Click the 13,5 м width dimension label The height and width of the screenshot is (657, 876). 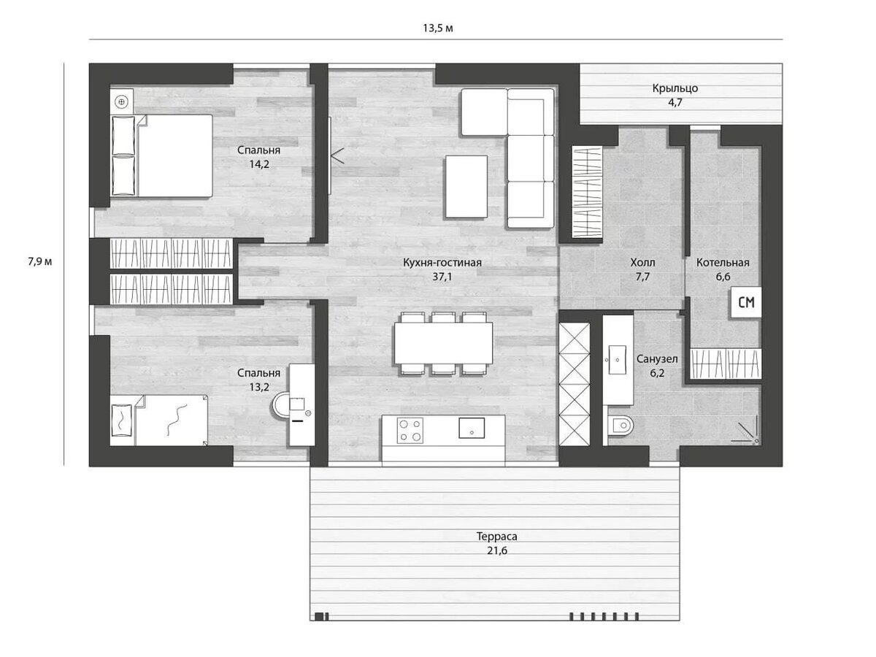(438, 28)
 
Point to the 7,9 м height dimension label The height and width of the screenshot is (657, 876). (39, 261)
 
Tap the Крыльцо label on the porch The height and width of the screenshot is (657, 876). (675, 88)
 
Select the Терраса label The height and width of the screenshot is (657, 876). (496, 537)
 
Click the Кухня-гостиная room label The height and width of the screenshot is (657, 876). (442, 263)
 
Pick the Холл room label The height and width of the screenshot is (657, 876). (642, 263)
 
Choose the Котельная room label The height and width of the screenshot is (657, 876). (723, 263)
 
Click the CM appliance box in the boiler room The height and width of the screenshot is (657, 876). (746, 302)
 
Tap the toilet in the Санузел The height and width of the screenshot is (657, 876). (621, 426)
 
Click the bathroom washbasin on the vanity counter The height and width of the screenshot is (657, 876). (618, 359)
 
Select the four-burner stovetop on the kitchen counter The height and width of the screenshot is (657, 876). (410, 430)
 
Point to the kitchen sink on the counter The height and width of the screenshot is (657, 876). (472, 428)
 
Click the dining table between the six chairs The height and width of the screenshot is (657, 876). (443, 343)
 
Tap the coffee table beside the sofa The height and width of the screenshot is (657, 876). (466, 187)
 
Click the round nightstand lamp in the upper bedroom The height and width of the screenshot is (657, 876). (122, 102)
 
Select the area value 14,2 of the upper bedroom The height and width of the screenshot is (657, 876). (259, 164)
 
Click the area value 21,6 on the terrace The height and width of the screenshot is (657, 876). (497, 551)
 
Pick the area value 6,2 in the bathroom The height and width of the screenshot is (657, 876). (657, 373)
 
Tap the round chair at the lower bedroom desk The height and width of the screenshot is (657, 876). (281, 406)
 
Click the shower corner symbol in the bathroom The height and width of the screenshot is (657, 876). (745, 430)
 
